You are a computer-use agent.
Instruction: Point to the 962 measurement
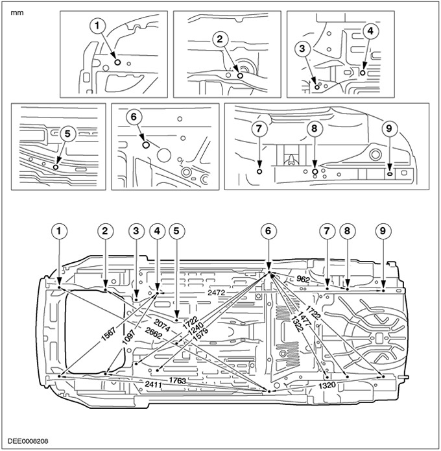(x=304, y=279)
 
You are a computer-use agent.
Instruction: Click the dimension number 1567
(x=111, y=331)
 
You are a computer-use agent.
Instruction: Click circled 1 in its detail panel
(x=99, y=25)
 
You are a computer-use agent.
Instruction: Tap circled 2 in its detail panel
(x=220, y=39)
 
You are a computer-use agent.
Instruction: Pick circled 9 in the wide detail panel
(x=388, y=129)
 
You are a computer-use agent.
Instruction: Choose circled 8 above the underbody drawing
(x=348, y=230)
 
